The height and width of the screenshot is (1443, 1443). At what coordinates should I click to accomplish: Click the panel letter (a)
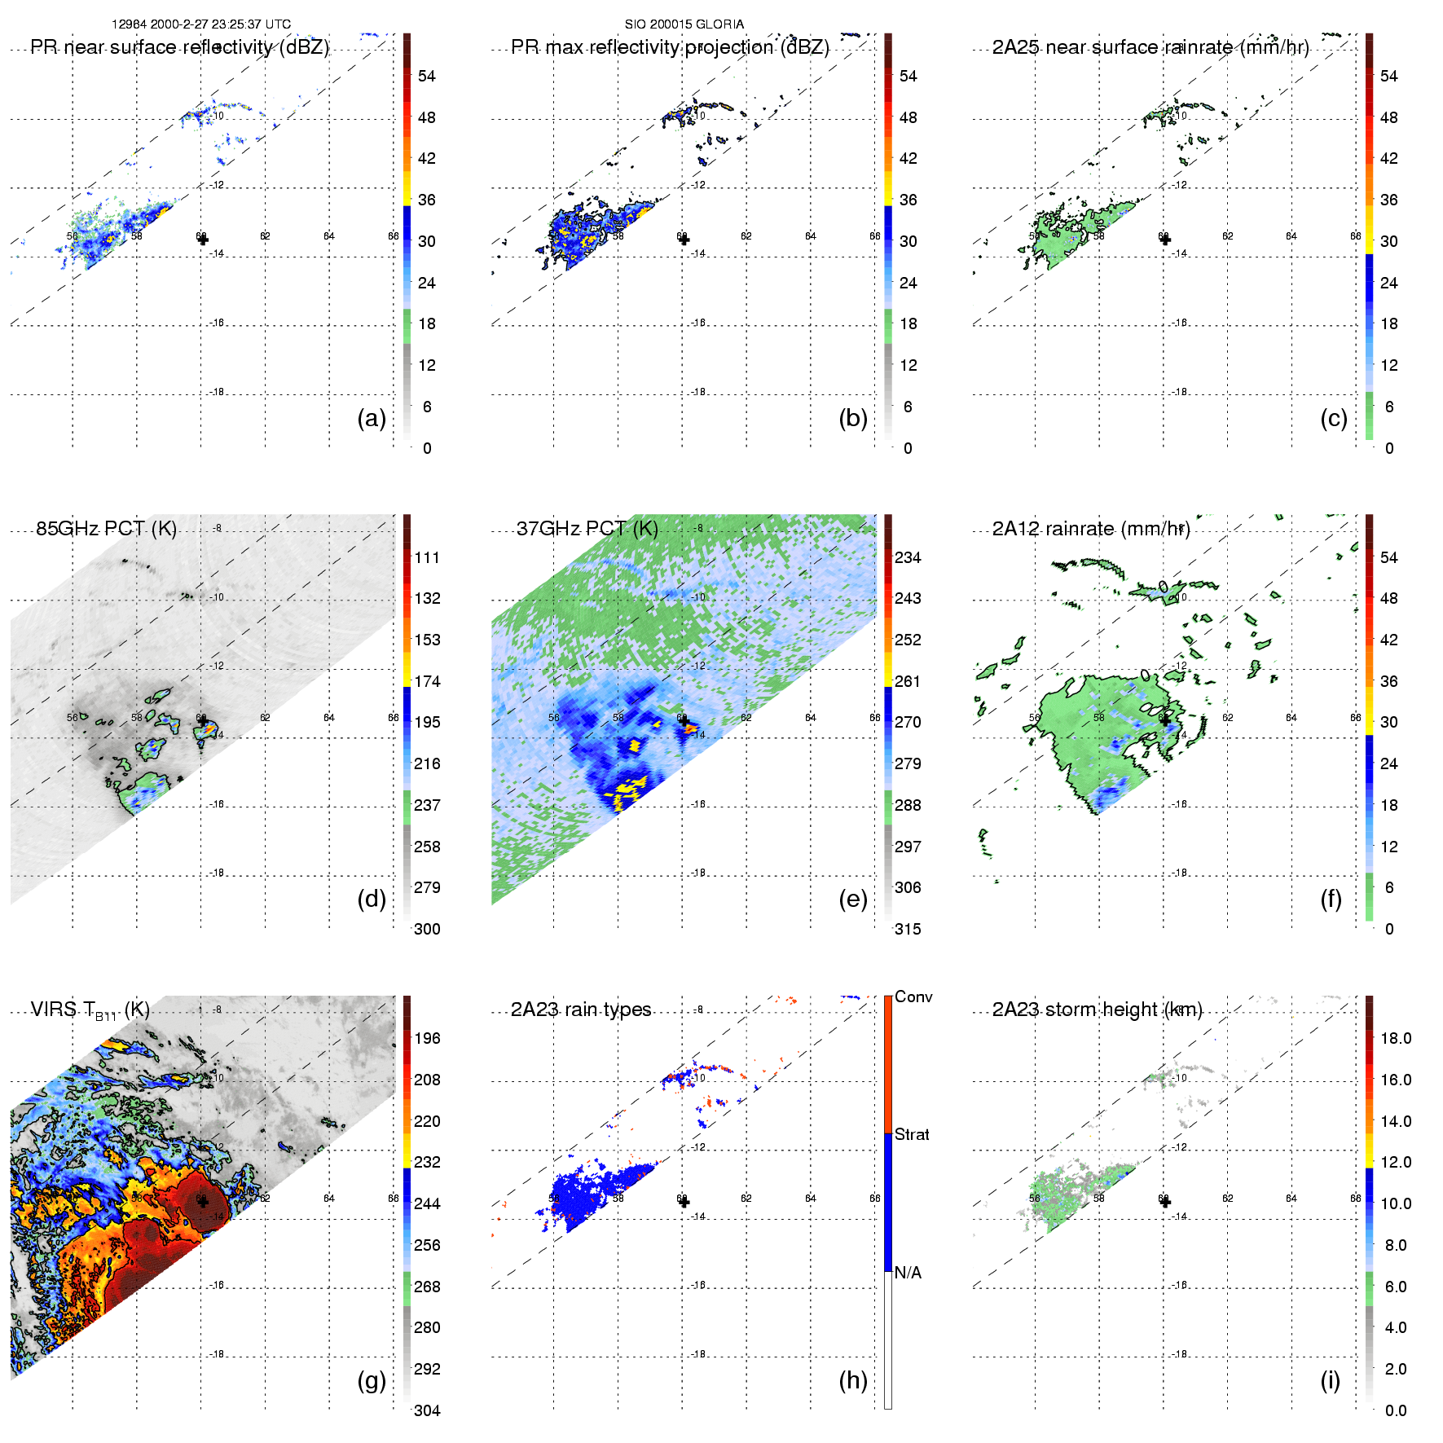pyautogui.click(x=371, y=418)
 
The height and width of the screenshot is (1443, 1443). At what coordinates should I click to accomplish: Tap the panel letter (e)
pyautogui.click(x=852, y=899)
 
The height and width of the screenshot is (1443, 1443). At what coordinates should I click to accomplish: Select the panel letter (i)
pyautogui.click(x=1330, y=1380)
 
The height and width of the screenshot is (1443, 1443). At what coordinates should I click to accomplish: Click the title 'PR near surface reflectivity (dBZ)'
pyautogui.click(x=179, y=47)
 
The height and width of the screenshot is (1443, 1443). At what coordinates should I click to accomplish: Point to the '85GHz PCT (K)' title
pyautogui.click(x=106, y=529)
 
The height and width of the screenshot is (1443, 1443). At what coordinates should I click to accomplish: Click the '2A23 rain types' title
pyautogui.click(x=581, y=1010)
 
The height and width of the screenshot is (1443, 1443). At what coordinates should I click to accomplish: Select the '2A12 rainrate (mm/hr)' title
pyautogui.click(x=1091, y=529)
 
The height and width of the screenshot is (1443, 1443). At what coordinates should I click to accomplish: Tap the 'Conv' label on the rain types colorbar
pyautogui.click(x=913, y=996)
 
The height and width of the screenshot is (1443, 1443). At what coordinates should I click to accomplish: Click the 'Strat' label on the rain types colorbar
pyautogui.click(x=912, y=1134)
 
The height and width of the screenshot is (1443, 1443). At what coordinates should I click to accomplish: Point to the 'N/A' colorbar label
pyautogui.click(x=908, y=1273)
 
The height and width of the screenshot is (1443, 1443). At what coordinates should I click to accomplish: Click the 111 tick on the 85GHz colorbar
pyautogui.click(x=427, y=557)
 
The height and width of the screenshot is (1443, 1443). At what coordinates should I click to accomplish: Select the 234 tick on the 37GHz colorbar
pyautogui.click(x=908, y=557)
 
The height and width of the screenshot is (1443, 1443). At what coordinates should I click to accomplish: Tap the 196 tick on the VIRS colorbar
pyautogui.click(x=427, y=1038)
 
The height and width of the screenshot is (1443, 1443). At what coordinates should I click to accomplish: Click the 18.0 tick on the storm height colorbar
pyautogui.click(x=1396, y=1038)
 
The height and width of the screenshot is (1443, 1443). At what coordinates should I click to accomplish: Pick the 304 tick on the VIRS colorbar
pyautogui.click(x=427, y=1410)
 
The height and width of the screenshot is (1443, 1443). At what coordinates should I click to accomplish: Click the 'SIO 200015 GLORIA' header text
pyautogui.click(x=684, y=24)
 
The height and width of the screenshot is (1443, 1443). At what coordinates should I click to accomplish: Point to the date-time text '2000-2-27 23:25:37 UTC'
pyautogui.click(x=220, y=24)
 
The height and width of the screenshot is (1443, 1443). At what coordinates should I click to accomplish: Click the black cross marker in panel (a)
pyautogui.click(x=203, y=240)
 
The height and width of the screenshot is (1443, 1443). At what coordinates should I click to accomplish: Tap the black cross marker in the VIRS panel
pyautogui.click(x=203, y=1201)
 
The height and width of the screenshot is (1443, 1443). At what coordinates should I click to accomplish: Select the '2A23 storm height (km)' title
pyautogui.click(x=1097, y=1010)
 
